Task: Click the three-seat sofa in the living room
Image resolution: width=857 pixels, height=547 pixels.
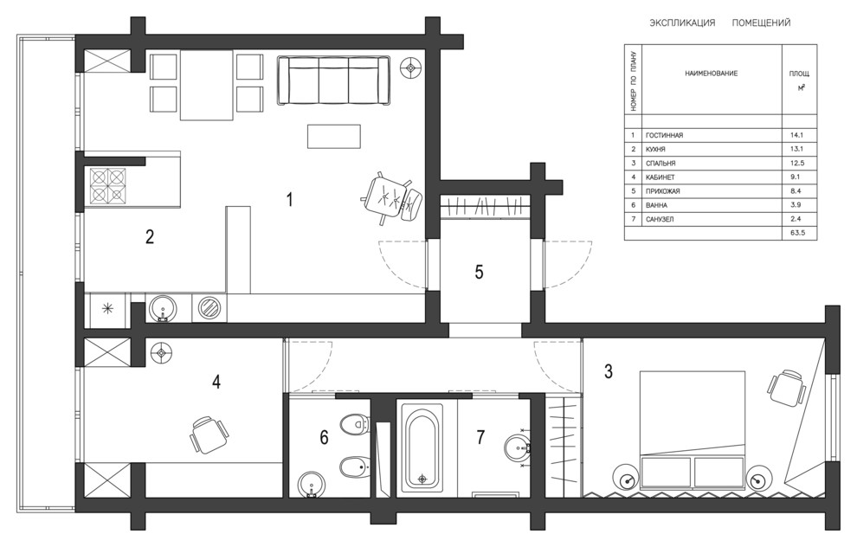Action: (x=332, y=81)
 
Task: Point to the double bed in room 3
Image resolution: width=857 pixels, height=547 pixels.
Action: (x=692, y=433)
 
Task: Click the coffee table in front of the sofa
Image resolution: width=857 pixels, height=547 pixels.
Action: (x=333, y=136)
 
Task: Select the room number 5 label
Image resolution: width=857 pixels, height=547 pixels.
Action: (x=479, y=271)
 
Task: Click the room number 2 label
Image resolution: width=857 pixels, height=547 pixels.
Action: (x=150, y=236)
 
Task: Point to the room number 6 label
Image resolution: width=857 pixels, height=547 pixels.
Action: (x=324, y=438)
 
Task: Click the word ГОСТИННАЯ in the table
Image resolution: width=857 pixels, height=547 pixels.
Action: (x=665, y=136)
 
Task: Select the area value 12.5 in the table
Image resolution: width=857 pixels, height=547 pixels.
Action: (x=797, y=164)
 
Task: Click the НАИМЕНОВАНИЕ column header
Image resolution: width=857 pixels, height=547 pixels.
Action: (x=711, y=74)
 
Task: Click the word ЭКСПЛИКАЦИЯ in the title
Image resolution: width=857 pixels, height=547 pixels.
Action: (x=682, y=23)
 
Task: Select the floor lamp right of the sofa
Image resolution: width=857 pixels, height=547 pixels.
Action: (x=412, y=68)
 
